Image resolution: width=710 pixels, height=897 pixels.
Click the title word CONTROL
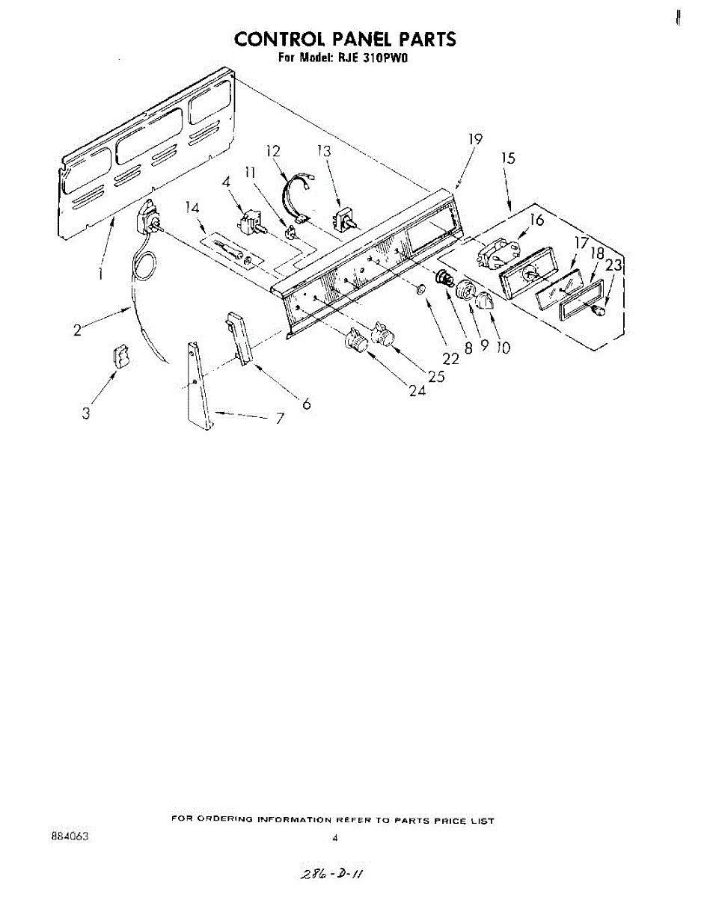[276, 39]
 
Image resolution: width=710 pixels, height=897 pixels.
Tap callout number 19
[475, 139]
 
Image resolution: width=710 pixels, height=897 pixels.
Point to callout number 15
[509, 158]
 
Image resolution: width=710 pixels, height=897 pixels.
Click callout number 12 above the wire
[273, 152]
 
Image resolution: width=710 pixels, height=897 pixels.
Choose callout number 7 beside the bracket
[280, 419]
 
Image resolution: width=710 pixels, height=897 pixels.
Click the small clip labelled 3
[120, 356]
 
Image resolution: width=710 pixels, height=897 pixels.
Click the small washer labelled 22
[422, 289]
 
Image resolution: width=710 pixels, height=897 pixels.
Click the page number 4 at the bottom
[335, 838]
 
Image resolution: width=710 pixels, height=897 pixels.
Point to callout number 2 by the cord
[78, 329]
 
